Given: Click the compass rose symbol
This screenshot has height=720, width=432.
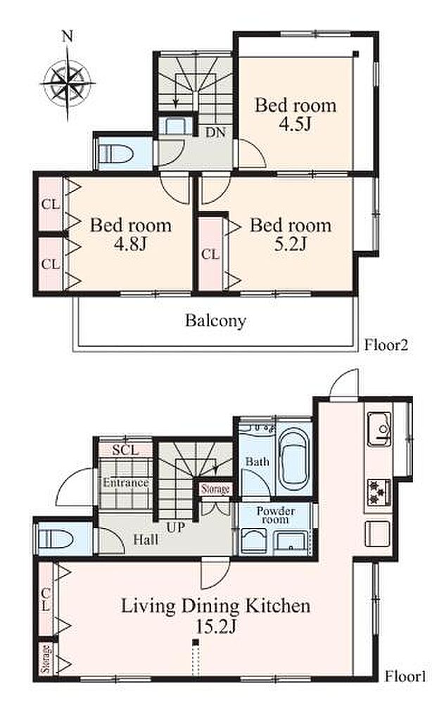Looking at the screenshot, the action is tap(68, 84).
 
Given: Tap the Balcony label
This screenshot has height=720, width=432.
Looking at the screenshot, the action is tap(215, 321).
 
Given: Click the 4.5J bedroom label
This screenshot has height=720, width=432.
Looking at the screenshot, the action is tap(296, 115).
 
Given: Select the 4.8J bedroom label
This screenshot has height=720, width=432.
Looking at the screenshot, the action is tap(131, 234).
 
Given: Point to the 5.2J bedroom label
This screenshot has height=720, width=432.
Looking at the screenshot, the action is tap(291, 234).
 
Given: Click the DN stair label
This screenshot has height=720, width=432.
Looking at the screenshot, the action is tap(215, 132).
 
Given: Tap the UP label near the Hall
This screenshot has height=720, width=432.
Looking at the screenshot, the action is tap(175, 527).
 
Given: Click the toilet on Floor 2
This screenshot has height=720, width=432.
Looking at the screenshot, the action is tap(117, 153).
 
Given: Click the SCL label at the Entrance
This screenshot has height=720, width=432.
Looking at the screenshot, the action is tap(125, 450).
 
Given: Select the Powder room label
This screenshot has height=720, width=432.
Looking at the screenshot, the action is tap(276, 515).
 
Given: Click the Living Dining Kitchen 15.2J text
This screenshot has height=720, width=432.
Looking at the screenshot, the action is tap(215, 616).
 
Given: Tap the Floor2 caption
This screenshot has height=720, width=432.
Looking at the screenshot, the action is tap(386, 345).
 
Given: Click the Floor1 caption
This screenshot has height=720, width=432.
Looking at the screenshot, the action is tap(405, 676).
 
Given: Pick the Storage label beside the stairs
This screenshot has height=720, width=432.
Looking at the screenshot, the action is tap(215, 489).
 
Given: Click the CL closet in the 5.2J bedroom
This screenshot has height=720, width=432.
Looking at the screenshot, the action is tap(210, 254).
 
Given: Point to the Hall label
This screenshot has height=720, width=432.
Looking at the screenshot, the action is tap(146, 539).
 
